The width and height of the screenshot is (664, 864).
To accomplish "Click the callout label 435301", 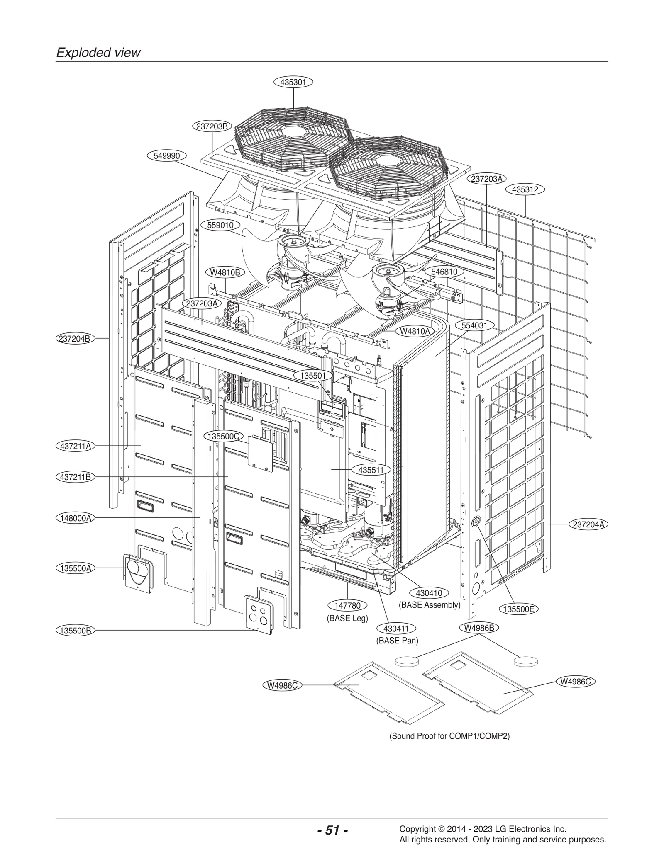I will [293, 82].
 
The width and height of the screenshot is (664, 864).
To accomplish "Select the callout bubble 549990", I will [166, 156].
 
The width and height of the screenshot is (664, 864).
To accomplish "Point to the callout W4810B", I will [225, 272].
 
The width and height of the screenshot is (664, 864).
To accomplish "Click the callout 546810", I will [444, 272].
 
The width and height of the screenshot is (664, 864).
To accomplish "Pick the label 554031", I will [474, 325].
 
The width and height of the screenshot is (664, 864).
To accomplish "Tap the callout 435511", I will [371, 470].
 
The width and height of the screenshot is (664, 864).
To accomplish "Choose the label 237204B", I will [75, 338].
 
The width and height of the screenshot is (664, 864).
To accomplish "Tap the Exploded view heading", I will [98, 53].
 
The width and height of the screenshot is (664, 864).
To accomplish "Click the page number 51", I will [332, 829].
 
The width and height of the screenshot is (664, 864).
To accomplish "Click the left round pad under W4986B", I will [406, 661].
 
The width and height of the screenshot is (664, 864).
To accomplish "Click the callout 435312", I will [525, 189].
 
